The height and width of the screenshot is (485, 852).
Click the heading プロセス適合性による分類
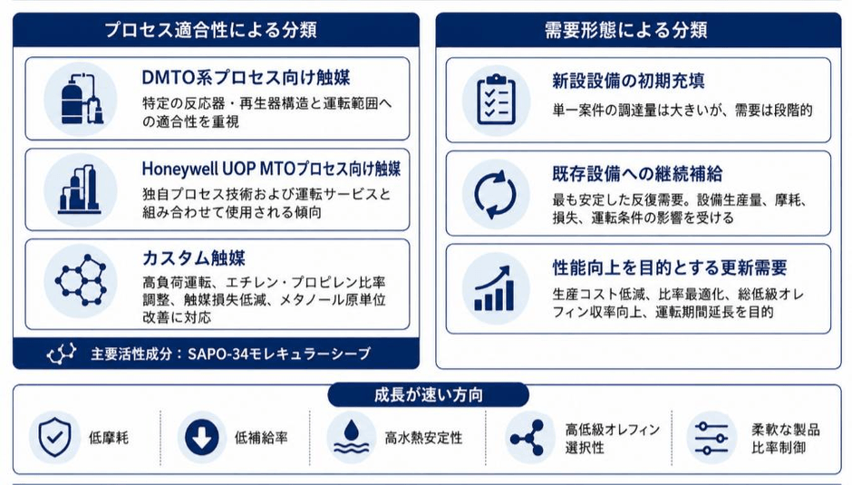[x=210, y=29]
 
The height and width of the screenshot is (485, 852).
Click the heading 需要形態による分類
[x=626, y=29]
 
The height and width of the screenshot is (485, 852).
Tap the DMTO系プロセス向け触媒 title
[x=246, y=77]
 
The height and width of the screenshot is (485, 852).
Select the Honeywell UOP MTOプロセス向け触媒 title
[x=271, y=169]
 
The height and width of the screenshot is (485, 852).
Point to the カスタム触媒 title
[x=193, y=257]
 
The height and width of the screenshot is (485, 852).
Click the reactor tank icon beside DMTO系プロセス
[x=82, y=99]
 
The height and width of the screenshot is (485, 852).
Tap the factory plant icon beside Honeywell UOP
[x=80, y=189]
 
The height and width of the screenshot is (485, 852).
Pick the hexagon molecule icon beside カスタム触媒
[x=81, y=280]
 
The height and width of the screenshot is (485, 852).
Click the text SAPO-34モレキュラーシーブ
[x=279, y=354]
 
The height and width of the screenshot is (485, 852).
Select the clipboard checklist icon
[x=496, y=99]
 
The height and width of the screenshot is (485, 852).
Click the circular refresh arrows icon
[x=496, y=194]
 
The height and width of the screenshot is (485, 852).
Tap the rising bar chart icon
[x=494, y=288]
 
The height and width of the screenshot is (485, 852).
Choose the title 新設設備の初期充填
[x=628, y=81]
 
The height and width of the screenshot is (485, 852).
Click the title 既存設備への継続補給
[x=637, y=174]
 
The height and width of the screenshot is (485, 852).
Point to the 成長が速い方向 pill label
[x=428, y=394]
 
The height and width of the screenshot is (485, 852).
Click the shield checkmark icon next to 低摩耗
[x=54, y=437]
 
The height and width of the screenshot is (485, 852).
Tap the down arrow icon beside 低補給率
[x=201, y=437]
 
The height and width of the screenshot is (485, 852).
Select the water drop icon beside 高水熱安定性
[x=351, y=437]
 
